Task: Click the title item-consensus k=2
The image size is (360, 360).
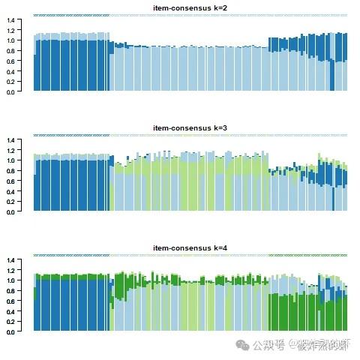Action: [x=190, y=7]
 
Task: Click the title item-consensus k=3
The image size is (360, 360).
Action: [x=190, y=127]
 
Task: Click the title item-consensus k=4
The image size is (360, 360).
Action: [x=190, y=247]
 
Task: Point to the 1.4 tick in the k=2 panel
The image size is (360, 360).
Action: [x=10, y=20]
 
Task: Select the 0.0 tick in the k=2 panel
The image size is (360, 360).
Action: [x=10, y=91]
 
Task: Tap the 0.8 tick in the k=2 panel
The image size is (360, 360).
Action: [x=10, y=51]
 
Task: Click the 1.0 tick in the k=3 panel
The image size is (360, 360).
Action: [x=10, y=160]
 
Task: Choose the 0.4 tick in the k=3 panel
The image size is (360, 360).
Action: [x=10, y=191]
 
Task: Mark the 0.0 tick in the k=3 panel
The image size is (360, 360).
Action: [x=10, y=211]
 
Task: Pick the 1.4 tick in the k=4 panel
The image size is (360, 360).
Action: [x=10, y=260]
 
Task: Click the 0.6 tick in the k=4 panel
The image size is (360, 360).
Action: [x=10, y=301]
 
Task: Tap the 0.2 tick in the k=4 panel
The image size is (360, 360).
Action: [x=10, y=321]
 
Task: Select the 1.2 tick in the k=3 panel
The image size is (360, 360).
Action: [x=10, y=151]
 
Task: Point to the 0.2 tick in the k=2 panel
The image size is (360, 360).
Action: [x=10, y=82]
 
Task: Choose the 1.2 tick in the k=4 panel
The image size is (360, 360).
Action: [x=10, y=271]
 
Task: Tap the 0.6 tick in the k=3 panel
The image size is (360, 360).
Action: [x=10, y=181]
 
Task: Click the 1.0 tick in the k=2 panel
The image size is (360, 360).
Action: [x=10, y=40]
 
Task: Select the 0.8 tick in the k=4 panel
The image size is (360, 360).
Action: [x=10, y=291]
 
